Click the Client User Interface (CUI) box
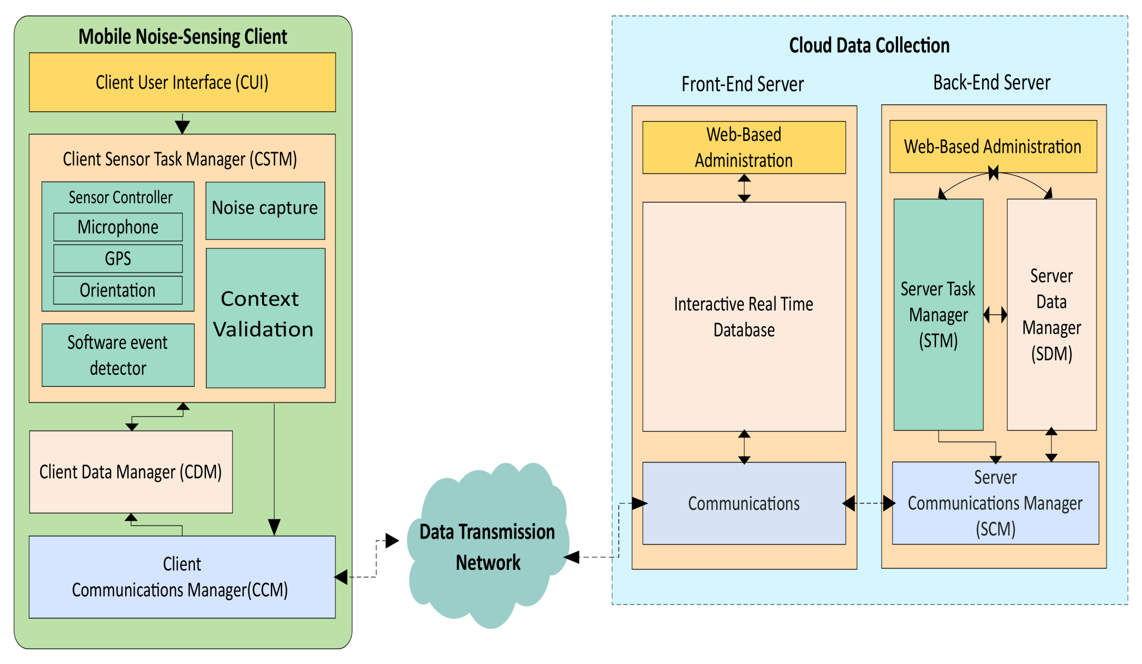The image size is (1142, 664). tap(182, 82)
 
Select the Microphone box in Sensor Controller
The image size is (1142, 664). tap(118, 227)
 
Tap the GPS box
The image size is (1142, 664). tap(118, 258)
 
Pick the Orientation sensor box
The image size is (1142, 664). tap(118, 290)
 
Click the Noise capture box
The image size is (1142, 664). tap(265, 210)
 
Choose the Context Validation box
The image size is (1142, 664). tap(265, 317)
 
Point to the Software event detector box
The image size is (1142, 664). tap(118, 355)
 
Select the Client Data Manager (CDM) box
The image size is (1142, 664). tap(131, 472)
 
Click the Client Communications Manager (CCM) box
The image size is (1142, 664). tap(182, 577)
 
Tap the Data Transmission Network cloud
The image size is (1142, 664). tap(487, 548)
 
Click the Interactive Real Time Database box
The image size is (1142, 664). tap(744, 317)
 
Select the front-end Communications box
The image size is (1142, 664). tap(744, 503)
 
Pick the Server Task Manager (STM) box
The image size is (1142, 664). tap(938, 315)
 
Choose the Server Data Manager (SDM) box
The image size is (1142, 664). tap(1051, 315)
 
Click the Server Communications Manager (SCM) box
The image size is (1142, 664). tap(995, 503)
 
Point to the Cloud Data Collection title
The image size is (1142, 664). tap(869, 46)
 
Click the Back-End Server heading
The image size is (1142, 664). tap(992, 83)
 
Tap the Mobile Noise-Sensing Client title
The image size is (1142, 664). tap(182, 37)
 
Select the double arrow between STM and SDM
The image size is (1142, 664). tap(995, 315)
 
